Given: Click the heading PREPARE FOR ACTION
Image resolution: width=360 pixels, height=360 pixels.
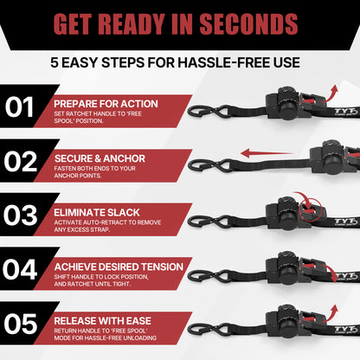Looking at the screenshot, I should click(106, 103).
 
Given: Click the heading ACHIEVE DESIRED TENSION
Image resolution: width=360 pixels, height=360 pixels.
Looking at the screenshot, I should click(119, 265).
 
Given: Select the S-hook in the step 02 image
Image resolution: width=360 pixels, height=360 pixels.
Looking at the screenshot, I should click(206, 164).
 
